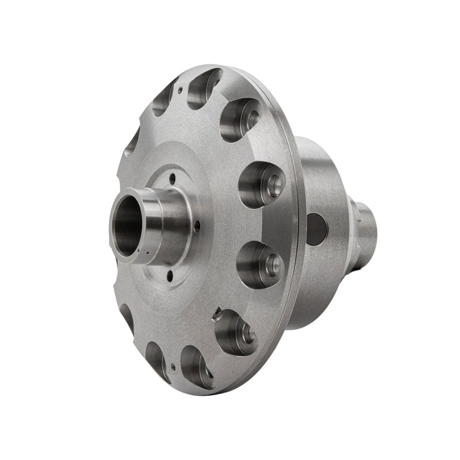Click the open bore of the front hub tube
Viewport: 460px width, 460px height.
tap(128, 221)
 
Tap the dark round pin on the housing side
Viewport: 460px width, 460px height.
tap(316, 229)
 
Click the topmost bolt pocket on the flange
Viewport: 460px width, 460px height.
tap(204, 86)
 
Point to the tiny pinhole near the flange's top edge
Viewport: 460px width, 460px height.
tap(180, 89)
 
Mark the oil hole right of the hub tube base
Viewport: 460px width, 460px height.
tap(197, 228)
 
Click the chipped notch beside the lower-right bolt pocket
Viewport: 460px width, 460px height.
tap(217, 314)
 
